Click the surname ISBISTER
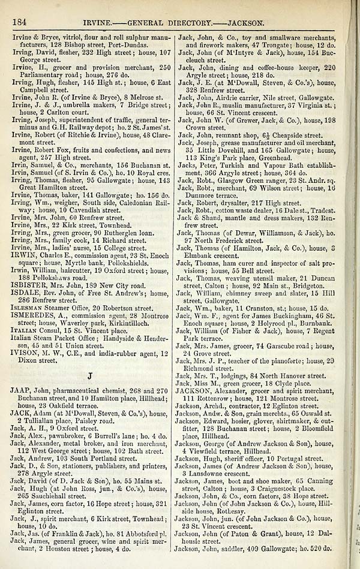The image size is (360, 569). click(x=26, y=285)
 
